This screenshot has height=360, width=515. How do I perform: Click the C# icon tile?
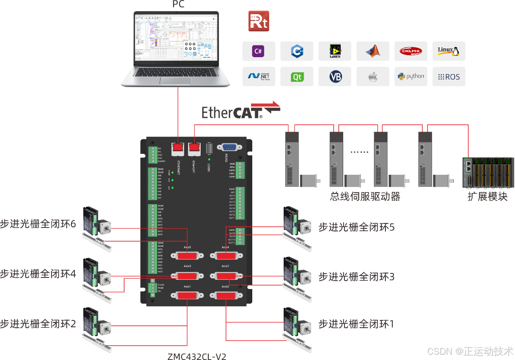258,51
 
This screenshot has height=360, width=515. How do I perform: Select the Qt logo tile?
297,77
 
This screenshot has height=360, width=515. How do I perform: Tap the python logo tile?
411,77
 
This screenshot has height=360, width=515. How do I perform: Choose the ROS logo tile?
449,77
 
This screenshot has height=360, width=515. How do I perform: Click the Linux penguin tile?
449,51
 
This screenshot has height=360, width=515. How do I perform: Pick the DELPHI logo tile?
411,51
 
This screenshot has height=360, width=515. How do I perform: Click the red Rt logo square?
259,21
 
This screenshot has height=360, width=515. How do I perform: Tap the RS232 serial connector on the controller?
229,148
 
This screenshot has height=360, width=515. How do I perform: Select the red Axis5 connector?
187,256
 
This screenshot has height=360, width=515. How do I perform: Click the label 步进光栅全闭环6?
38,224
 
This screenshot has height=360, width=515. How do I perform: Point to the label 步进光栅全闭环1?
356,324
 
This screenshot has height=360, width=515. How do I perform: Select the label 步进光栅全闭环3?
356,277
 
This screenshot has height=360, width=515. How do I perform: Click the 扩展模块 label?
487,197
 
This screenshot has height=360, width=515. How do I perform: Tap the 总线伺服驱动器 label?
365,197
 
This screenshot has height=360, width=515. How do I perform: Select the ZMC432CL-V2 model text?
197,356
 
